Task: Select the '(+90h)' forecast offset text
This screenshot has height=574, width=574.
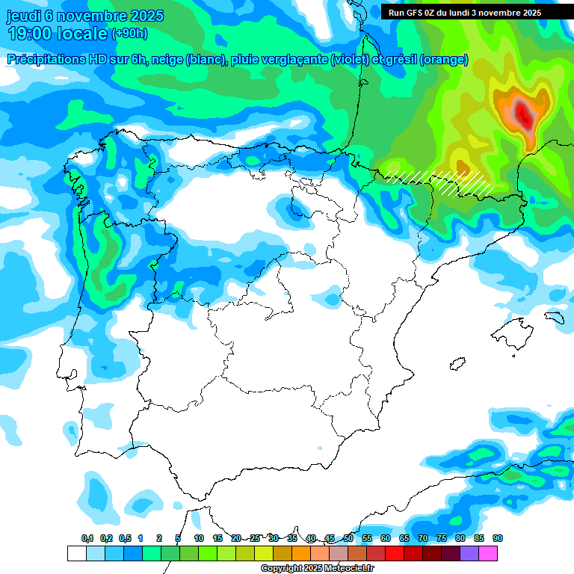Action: coord(129,33)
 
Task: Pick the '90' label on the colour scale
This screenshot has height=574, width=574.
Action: coord(497,538)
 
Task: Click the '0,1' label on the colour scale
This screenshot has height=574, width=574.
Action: coord(87,538)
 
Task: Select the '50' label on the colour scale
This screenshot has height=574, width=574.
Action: coord(348,538)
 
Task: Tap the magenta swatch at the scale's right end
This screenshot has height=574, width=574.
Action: coord(488,553)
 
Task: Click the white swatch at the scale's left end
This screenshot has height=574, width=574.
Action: coord(76,553)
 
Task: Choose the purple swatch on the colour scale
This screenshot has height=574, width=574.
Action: coord(469,553)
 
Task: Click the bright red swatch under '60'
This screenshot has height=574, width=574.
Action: coord(395,553)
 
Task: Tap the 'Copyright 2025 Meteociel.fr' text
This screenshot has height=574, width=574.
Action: coord(317,569)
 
